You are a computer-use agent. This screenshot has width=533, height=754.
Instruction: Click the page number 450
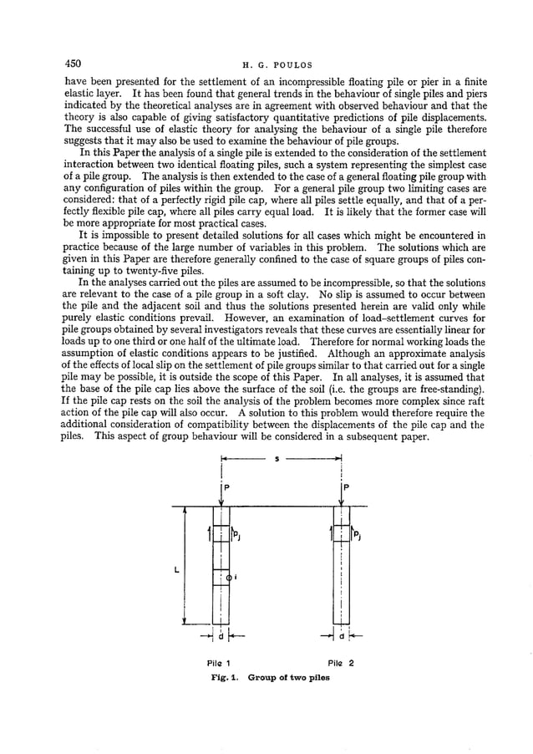[x=74, y=64]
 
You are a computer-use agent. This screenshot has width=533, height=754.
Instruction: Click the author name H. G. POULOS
[x=266, y=64]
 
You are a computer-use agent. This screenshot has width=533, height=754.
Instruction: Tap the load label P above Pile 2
[x=346, y=487]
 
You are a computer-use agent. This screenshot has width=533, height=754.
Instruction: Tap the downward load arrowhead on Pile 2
[x=341, y=502]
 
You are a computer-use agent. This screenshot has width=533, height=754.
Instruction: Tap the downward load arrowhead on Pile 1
[x=221, y=502]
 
